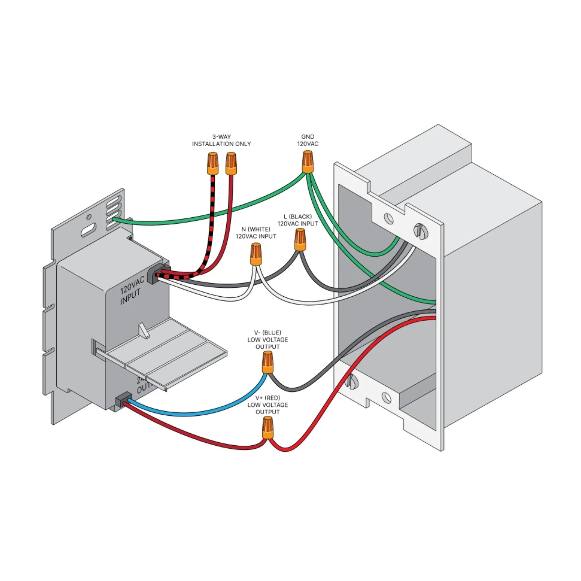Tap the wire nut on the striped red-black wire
click(212, 164)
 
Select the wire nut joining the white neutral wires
click(256, 254)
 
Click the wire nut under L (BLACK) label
click(300, 240)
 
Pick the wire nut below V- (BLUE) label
click(268, 363)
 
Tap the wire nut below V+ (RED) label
click(268, 428)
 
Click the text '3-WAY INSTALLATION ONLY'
click(221, 140)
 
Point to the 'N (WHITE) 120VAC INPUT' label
click(256, 233)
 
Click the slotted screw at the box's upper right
click(420, 231)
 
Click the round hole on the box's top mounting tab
click(389, 219)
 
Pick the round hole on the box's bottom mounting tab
click(387, 398)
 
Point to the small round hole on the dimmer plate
click(88, 217)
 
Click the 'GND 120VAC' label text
click(307, 140)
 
